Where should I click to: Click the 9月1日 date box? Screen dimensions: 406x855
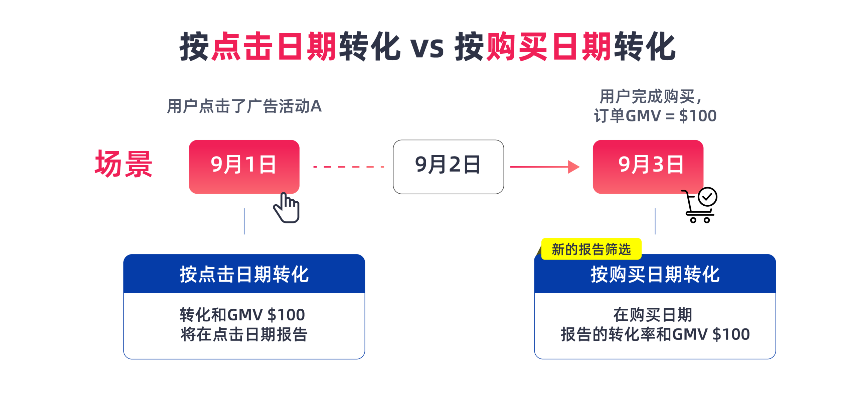(244, 166)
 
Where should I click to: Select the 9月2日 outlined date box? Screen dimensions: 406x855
(448, 166)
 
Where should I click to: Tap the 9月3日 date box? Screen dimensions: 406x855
(648, 166)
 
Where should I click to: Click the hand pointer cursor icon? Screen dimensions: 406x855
(287, 208)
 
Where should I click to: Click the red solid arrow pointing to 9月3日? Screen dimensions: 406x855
(544, 167)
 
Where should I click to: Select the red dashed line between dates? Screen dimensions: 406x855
(348, 167)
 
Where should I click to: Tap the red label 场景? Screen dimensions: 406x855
(124, 164)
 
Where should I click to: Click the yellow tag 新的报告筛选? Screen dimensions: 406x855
(591, 249)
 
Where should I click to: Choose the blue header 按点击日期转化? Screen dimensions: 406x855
(244, 274)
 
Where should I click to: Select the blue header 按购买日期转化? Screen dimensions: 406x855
(655, 274)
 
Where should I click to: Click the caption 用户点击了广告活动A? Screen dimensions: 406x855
(244, 106)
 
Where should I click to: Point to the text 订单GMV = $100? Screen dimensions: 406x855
(655, 116)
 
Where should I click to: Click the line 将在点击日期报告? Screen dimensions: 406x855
(244, 334)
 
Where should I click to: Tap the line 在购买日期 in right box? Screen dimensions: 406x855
(653, 315)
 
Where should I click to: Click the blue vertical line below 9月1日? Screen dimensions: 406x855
(244, 221)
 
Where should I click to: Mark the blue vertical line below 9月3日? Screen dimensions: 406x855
(655, 221)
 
